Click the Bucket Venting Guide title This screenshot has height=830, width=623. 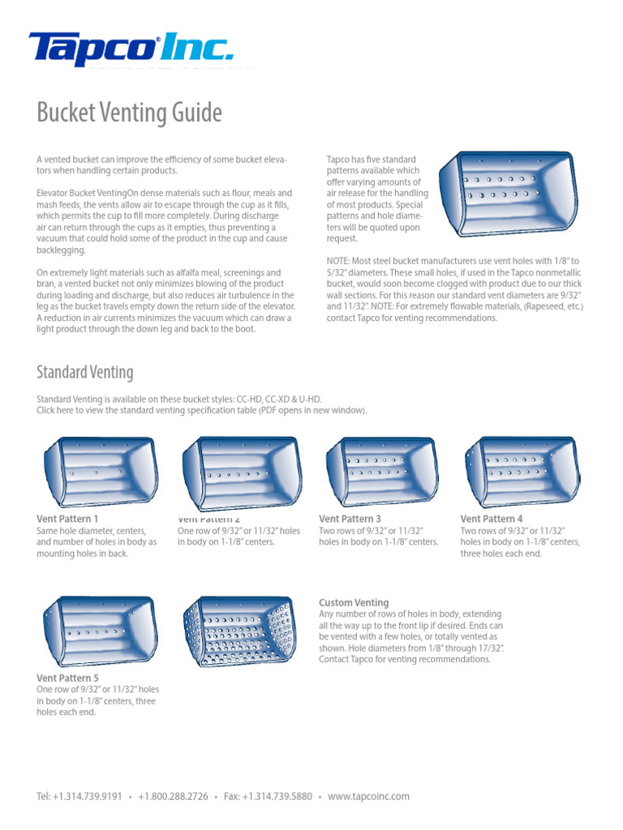click(129, 113)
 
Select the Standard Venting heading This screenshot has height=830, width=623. click(84, 372)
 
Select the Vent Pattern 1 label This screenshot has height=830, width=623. click(67, 519)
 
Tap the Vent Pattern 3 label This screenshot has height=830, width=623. click(350, 519)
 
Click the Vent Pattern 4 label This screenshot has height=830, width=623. click(492, 519)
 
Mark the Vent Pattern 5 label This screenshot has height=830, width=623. click(67, 678)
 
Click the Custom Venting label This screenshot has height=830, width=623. click(354, 603)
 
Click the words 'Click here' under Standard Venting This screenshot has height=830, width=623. click(56, 410)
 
